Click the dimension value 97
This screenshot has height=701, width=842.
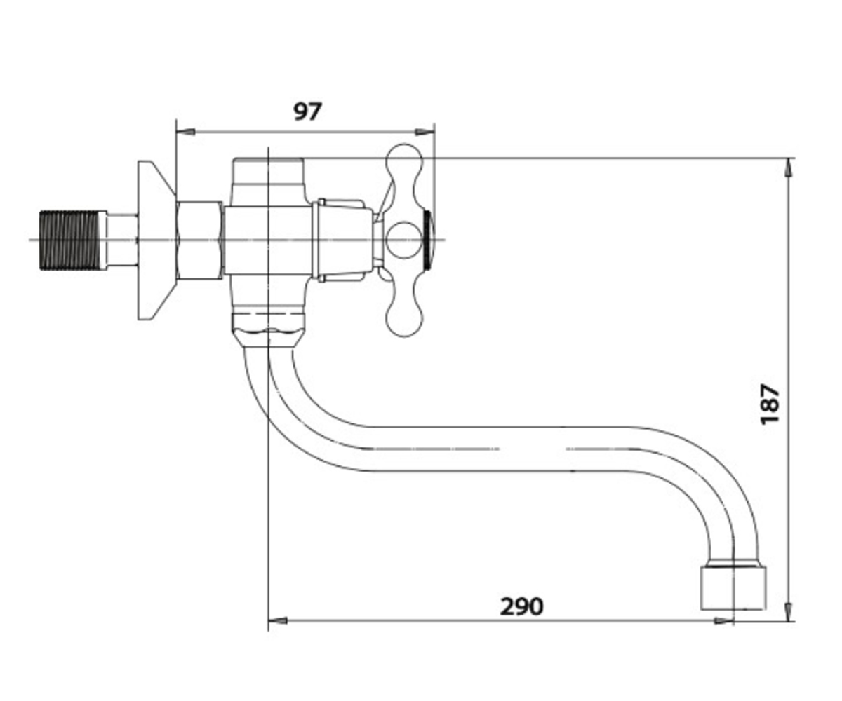[x=308, y=111]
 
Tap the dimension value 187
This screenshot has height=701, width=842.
[x=770, y=404]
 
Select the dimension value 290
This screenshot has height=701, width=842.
[x=521, y=607]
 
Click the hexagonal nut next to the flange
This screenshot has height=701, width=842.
[x=199, y=240]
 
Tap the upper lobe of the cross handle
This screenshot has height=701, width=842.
[x=404, y=169]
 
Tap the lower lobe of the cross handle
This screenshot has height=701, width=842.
[x=404, y=311]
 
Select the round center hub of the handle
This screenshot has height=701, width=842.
[x=404, y=240]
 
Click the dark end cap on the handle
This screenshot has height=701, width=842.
[x=429, y=240]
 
